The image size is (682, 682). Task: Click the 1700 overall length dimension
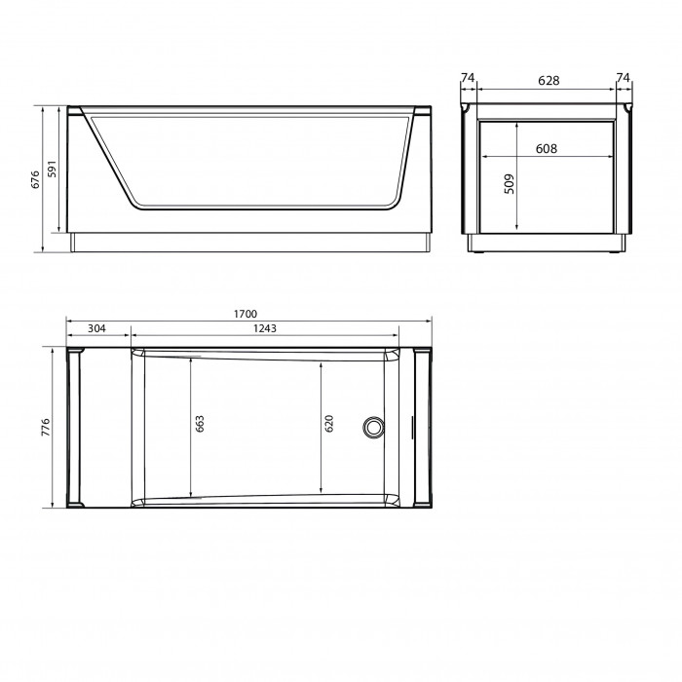(246, 314)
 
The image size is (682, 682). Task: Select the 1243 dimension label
(264, 328)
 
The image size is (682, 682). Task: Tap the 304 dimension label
(96, 328)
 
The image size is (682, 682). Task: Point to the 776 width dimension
(46, 427)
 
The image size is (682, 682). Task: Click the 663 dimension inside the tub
(200, 423)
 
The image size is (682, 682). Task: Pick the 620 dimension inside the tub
(329, 423)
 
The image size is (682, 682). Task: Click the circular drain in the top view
(373, 427)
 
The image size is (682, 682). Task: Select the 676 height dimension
(36, 179)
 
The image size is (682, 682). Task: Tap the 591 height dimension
(53, 169)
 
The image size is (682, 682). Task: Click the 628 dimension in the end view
(549, 81)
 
